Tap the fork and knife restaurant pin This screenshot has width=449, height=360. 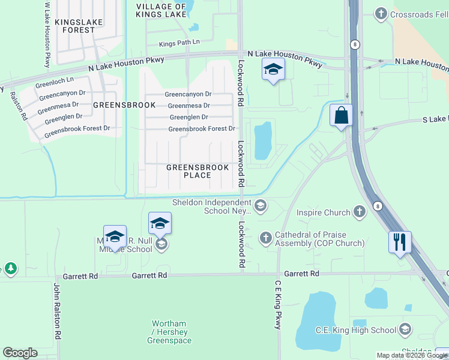(400, 242)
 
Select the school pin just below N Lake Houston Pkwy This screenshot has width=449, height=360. (273, 69)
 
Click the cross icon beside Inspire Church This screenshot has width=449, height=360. (359, 212)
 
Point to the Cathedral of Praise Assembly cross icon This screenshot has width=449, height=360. (266, 238)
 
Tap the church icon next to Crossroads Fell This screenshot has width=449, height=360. (381, 13)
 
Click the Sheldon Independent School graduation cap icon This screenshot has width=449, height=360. (260, 206)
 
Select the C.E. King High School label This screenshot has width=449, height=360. (356, 329)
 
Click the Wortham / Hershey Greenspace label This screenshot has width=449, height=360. (169, 332)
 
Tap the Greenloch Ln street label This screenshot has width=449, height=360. (54, 80)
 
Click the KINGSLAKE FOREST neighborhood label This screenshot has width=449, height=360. (79, 26)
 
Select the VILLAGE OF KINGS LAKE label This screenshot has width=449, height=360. (161, 11)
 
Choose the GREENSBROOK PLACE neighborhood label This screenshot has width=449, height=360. (197, 171)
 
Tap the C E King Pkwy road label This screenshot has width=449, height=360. (278, 305)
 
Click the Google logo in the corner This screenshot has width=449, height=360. (20, 353)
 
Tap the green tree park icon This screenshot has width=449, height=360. (10, 268)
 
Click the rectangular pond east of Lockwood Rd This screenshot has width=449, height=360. (263, 141)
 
